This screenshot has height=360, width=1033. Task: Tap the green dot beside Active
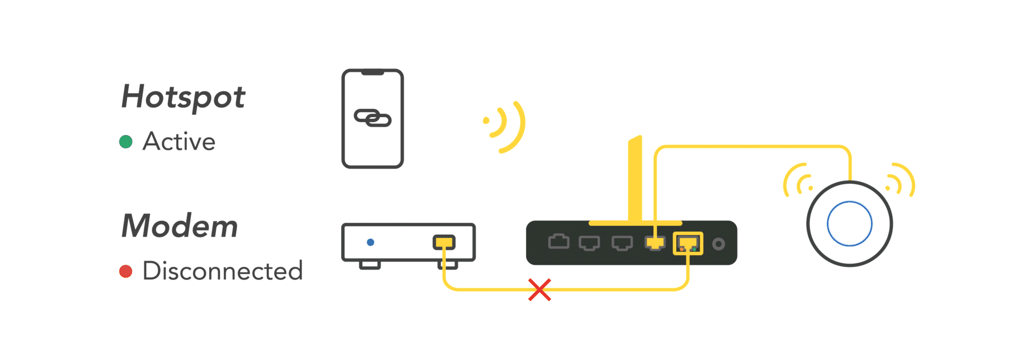pyautogui.click(x=126, y=142)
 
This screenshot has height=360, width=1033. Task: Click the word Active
pyautogui.click(x=179, y=142)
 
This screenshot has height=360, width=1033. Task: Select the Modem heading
pyautogui.click(x=179, y=226)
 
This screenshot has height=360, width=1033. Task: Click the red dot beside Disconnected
pyautogui.click(x=126, y=271)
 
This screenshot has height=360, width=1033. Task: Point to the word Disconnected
pyautogui.click(x=223, y=271)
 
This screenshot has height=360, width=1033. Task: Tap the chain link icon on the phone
pyautogui.click(x=373, y=118)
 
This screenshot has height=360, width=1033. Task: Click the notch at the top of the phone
pyautogui.click(x=373, y=73)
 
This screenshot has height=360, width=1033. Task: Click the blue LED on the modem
pyautogui.click(x=371, y=242)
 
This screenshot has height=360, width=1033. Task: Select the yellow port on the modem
pyautogui.click(x=444, y=242)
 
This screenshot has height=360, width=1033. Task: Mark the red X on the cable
pyautogui.click(x=540, y=290)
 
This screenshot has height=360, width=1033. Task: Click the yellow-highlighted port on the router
pyautogui.click(x=688, y=243)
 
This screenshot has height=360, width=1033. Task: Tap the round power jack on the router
pyautogui.click(x=719, y=244)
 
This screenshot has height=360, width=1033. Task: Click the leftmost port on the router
pyautogui.click(x=559, y=242)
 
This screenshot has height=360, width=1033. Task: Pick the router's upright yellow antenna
pyautogui.click(x=635, y=179)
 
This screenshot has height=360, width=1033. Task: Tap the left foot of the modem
pyautogui.click(x=370, y=265)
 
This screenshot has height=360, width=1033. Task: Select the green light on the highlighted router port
pyautogui.click(x=694, y=249)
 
